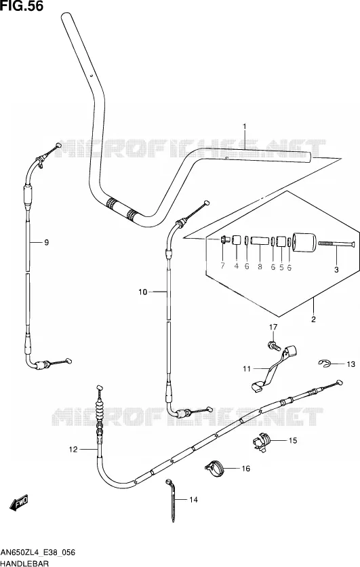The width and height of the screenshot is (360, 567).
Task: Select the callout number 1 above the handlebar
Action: (x=244, y=126)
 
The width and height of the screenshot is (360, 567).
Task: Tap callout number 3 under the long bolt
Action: (x=336, y=270)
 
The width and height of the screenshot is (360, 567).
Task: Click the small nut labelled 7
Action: (x=224, y=239)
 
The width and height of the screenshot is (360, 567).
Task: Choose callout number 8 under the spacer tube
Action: (x=260, y=267)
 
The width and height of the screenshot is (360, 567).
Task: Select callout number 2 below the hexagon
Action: (x=313, y=319)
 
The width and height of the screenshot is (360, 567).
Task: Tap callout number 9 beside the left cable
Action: (x=46, y=242)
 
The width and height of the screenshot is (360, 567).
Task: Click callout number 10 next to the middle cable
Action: (x=143, y=292)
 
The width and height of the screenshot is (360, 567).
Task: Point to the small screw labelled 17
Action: (x=274, y=345)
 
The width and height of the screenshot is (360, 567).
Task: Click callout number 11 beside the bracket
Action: (x=247, y=369)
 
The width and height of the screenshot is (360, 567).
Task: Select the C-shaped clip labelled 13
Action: (x=324, y=364)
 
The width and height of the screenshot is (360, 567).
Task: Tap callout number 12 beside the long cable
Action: (x=73, y=450)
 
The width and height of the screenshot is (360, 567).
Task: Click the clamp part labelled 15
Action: (x=261, y=442)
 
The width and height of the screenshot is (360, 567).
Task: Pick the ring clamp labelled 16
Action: (x=215, y=468)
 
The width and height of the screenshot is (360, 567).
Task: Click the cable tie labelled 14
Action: (x=172, y=500)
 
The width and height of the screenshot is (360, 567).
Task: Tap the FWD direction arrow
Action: (x=18, y=503)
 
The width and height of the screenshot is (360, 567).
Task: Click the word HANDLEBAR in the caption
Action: (x=25, y=563)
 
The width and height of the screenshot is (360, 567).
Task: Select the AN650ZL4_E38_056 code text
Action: (x=38, y=553)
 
